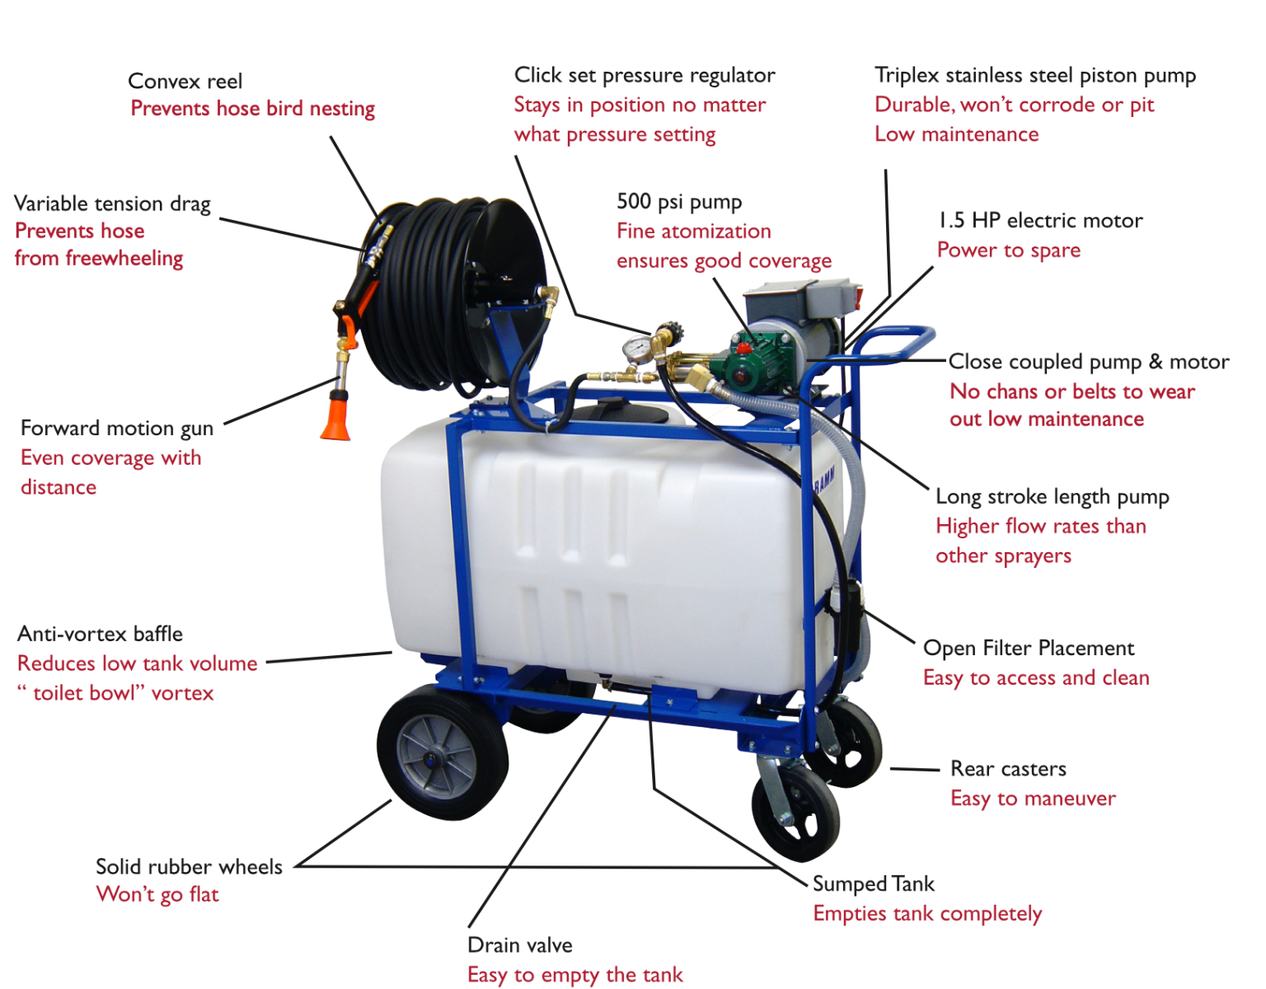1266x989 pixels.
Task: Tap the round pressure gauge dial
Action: [x=636, y=349]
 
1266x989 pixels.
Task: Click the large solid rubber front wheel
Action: [x=442, y=752]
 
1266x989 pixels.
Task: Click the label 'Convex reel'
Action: [x=185, y=82]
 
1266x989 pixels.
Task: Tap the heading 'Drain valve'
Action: [x=519, y=944]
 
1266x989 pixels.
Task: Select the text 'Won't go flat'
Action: [x=157, y=894]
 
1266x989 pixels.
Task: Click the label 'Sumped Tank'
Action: [x=873, y=884]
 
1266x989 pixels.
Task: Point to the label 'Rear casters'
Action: [x=1008, y=769]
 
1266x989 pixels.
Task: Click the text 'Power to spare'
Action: [x=1008, y=250]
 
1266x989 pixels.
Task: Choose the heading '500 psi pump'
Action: [x=679, y=202]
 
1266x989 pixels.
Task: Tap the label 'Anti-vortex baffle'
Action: [x=100, y=634]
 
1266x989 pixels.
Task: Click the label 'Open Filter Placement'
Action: [x=1028, y=648]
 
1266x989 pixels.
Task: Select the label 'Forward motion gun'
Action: [x=117, y=429]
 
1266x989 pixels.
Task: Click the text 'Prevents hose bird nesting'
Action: [x=252, y=109]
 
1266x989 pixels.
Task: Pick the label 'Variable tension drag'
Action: [x=112, y=204]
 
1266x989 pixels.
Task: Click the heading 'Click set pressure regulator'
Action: [x=644, y=75]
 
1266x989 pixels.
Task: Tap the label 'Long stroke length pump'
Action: [x=1052, y=497]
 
